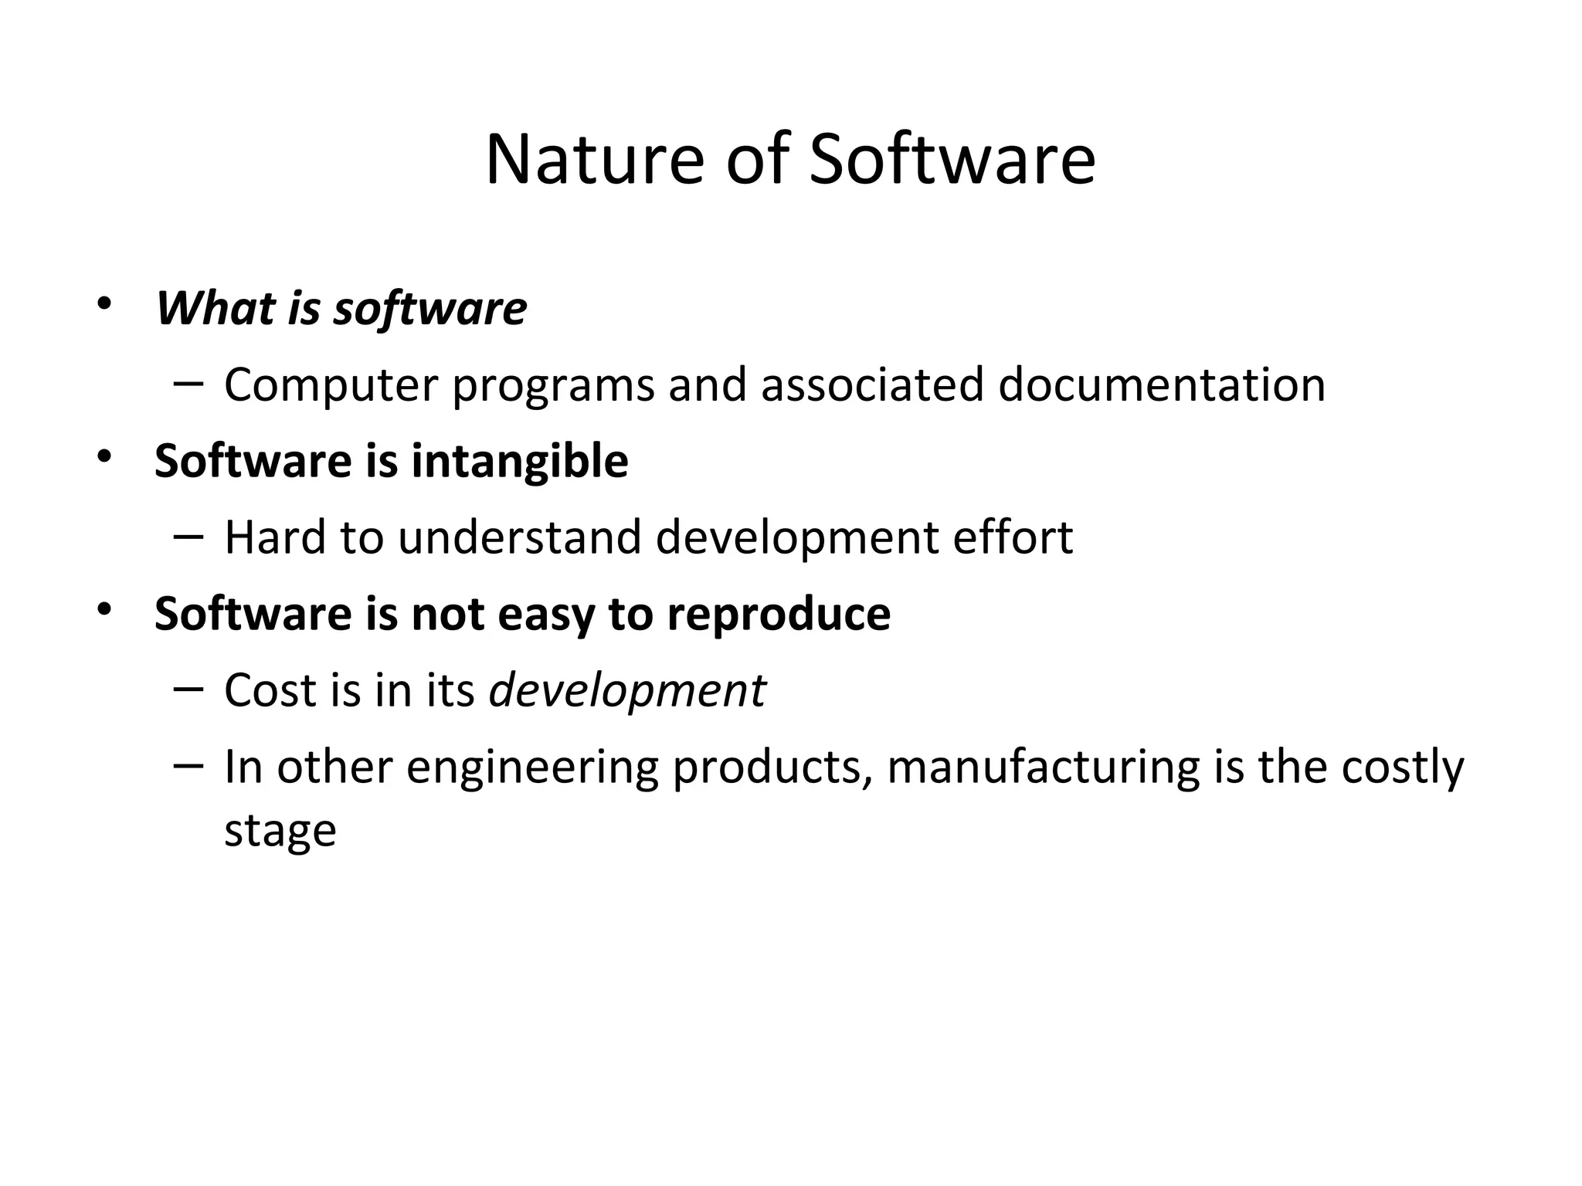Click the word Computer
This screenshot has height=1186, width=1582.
[331, 385]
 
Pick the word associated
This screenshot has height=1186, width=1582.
[872, 385]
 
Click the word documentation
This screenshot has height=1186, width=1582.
[1161, 385]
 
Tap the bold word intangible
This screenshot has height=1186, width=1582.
[519, 462]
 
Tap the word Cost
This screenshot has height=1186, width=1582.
[270, 690]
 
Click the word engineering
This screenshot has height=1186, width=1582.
[532, 768]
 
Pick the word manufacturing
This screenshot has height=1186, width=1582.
[1044, 768]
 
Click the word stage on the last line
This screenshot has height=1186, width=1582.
[280, 831]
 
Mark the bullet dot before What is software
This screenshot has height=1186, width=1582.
[104, 303]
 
